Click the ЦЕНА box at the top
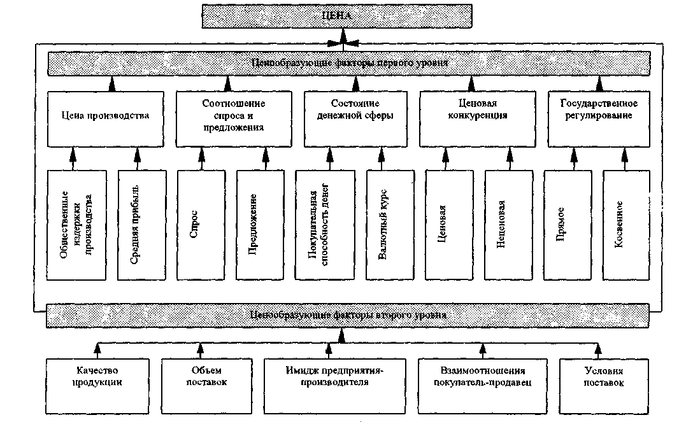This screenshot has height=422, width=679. coord(337,17)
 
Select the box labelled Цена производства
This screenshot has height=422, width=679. coord(105,116)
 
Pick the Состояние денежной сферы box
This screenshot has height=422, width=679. coord(355,116)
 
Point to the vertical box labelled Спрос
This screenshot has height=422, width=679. coord(200,224)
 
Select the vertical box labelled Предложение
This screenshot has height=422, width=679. coord(259,224)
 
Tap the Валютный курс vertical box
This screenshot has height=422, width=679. coord(390,224)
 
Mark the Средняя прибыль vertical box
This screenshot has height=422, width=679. coord(140,224)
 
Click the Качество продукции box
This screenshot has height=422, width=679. coord(97,378)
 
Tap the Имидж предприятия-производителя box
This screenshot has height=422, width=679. coord(334,378)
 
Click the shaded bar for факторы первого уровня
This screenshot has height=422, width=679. coord(349,64)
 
